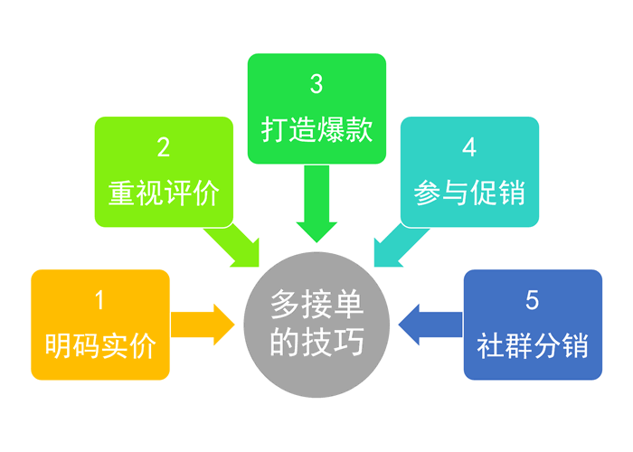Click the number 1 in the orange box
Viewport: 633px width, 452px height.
click(x=99, y=298)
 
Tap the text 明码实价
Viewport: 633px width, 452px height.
click(x=100, y=346)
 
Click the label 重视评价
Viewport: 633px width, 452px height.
click(x=164, y=193)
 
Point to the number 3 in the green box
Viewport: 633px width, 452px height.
click(x=316, y=84)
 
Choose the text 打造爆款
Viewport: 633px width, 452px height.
click(x=316, y=131)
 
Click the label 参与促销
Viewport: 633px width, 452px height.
click(x=469, y=193)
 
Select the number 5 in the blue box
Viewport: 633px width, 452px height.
click(x=532, y=298)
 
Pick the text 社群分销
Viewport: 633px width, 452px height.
click(x=533, y=346)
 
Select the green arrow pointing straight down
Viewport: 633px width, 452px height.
click(x=316, y=206)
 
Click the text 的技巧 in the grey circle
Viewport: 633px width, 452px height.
click(x=316, y=344)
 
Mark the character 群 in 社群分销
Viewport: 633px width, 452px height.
click(x=518, y=346)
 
